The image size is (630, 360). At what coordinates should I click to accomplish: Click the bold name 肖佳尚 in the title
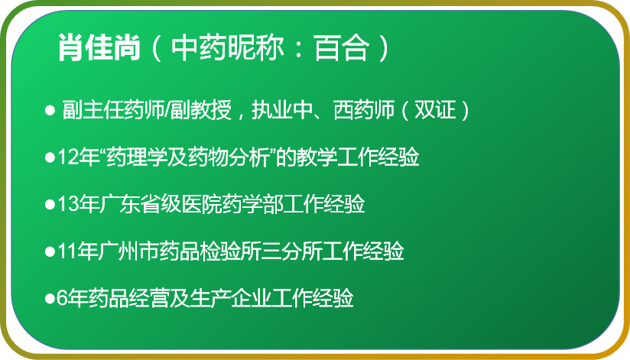(99, 48)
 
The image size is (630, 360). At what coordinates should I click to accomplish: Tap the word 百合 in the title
(341, 48)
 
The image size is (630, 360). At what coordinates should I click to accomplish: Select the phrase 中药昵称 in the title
(227, 48)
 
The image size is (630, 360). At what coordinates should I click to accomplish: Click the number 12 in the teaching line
(68, 157)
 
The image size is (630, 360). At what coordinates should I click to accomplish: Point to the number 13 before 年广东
(68, 204)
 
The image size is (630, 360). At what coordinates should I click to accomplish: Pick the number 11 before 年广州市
(68, 251)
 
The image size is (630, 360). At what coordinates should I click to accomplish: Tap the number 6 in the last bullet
(61, 298)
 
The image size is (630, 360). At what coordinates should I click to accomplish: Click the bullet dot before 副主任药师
(50, 110)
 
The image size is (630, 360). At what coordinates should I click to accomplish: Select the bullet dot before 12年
(50, 157)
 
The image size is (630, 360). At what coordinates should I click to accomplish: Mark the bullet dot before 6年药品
(50, 299)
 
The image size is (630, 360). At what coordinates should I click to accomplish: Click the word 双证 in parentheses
(435, 110)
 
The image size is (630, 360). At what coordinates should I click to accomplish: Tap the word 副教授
(201, 110)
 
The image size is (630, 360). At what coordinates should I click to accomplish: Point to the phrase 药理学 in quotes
(137, 157)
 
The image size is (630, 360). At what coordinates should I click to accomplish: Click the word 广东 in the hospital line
(119, 204)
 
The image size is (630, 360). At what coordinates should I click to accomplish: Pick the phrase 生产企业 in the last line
(231, 298)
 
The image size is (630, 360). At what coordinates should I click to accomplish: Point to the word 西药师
(364, 110)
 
